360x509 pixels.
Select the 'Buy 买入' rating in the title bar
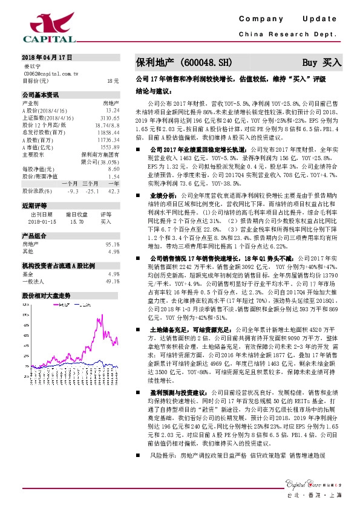coord(322,62)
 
